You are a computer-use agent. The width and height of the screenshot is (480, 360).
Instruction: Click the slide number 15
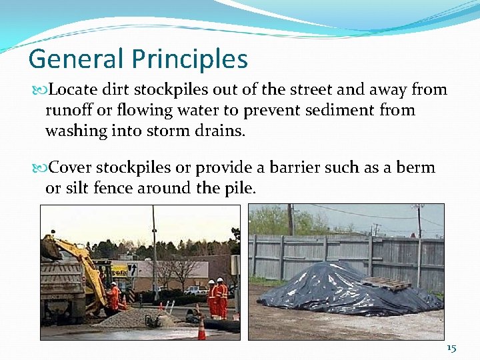pos(451,348)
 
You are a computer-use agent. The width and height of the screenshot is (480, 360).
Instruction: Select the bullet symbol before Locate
pos(44,90)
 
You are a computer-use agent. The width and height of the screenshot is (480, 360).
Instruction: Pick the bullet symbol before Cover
pos(44,168)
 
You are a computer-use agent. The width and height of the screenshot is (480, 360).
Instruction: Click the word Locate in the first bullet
pos(75,89)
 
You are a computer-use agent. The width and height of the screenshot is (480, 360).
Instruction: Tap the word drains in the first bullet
pos(221,131)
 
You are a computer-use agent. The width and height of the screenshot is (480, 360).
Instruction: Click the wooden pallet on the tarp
pos(387,283)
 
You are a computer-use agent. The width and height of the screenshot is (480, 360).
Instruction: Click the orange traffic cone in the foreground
pos(201,329)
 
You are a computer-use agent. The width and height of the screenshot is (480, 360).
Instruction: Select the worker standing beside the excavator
pos(114,297)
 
